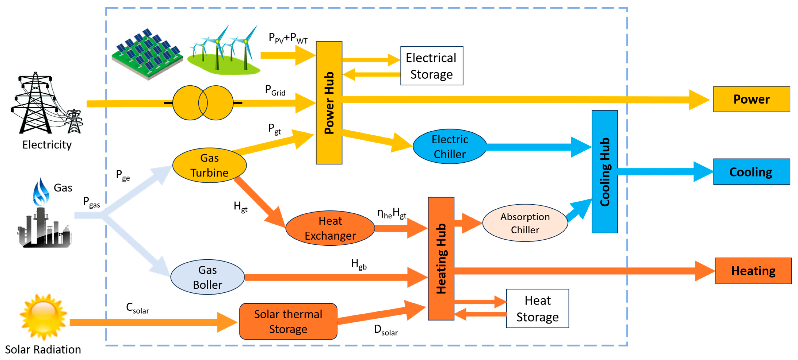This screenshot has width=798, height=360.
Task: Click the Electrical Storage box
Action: tap(432, 66)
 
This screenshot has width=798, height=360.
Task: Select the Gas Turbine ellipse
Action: tap(209, 165)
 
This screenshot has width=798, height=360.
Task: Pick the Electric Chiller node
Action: tap(449, 146)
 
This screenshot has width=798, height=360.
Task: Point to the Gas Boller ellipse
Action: tap(208, 277)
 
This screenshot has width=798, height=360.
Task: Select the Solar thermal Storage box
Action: tap(288, 321)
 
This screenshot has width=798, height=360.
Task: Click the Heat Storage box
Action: tap(537, 308)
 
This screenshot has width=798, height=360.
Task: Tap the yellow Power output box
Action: tap(751, 99)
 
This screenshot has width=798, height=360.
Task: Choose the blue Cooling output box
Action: tap(751, 172)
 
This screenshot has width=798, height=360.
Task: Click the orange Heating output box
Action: tap(753, 271)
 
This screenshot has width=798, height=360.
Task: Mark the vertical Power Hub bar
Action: tap(329, 103)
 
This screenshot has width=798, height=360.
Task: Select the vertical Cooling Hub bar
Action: tap(604, 172)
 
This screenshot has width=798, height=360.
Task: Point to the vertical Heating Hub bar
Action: tap(441, 258)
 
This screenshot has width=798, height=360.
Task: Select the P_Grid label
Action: tap(275, 90)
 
